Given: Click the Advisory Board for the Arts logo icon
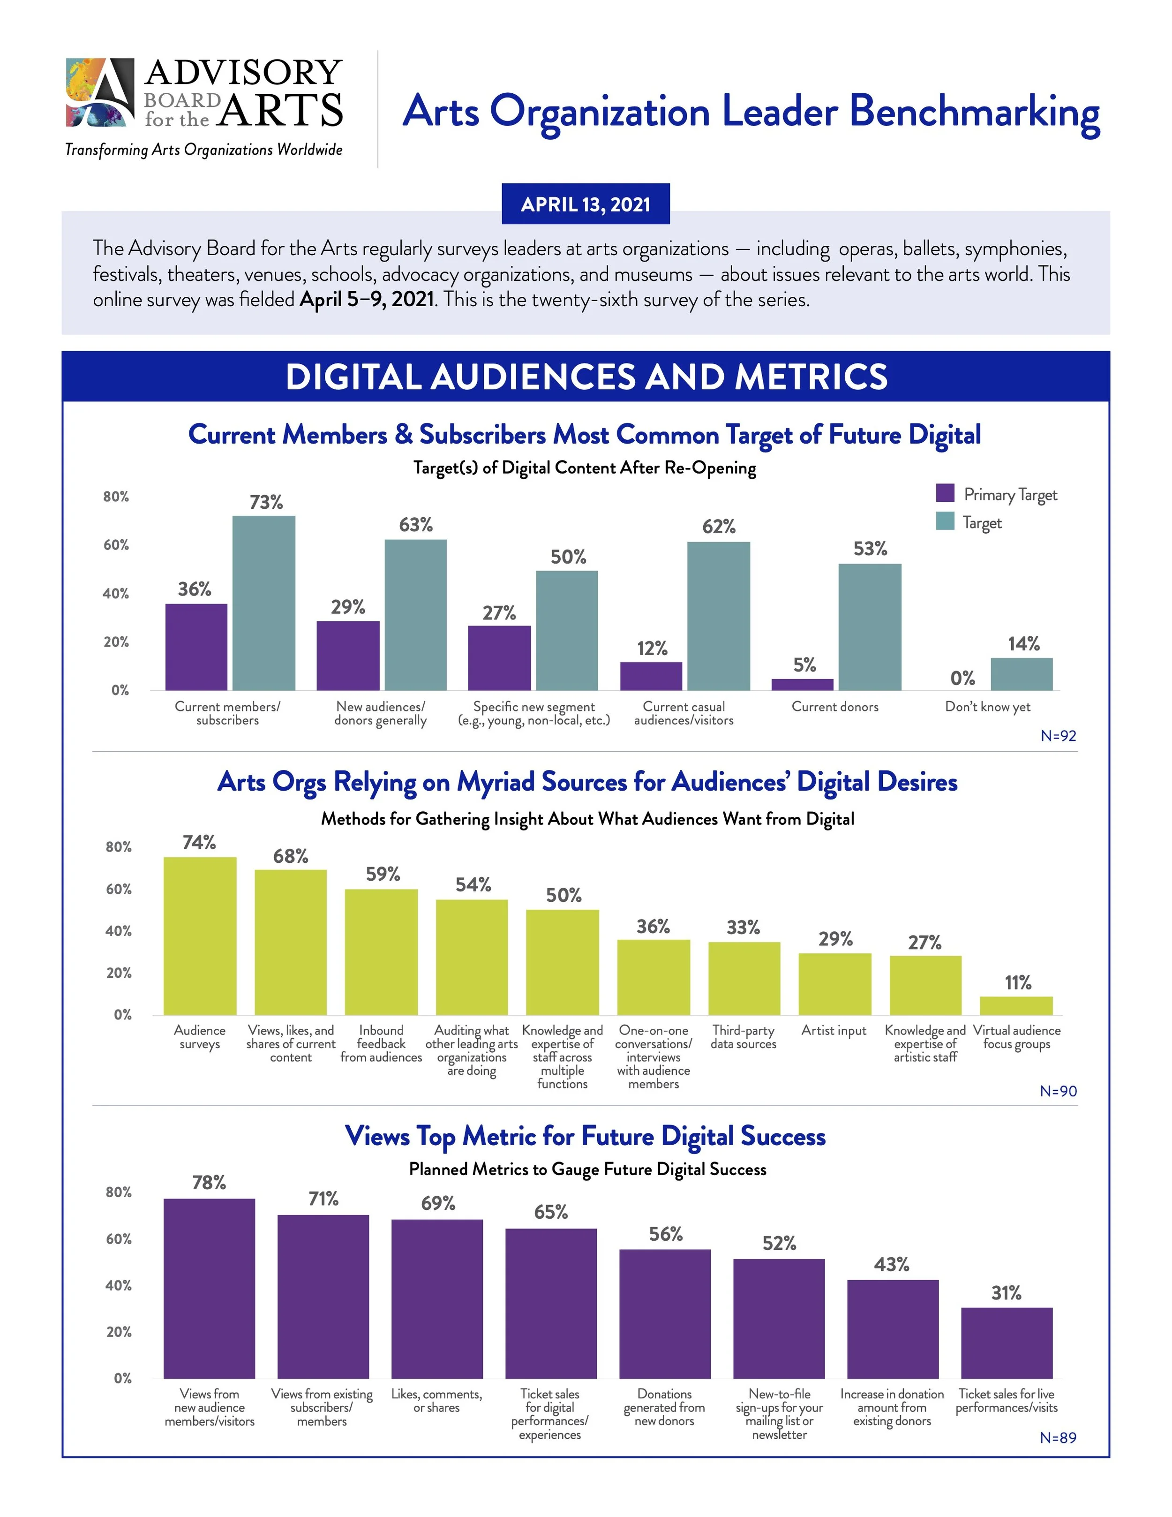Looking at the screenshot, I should click(100, 92).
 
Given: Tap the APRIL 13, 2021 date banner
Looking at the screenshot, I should click(586, 204).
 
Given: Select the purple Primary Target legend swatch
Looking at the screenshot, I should click(945, 493).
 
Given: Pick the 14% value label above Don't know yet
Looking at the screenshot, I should click(1023, 644).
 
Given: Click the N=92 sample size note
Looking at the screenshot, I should click(1058, 736).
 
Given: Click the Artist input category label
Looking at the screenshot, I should click(834, 1031).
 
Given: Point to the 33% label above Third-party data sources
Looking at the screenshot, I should click(743, 927).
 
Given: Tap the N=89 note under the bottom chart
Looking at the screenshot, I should click(1058, 1437).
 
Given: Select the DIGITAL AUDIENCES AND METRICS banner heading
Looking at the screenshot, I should click(586, 377).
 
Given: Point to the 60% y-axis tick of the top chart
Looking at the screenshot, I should click(116, 545).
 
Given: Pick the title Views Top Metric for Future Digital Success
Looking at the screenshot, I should click(586, 1136).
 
